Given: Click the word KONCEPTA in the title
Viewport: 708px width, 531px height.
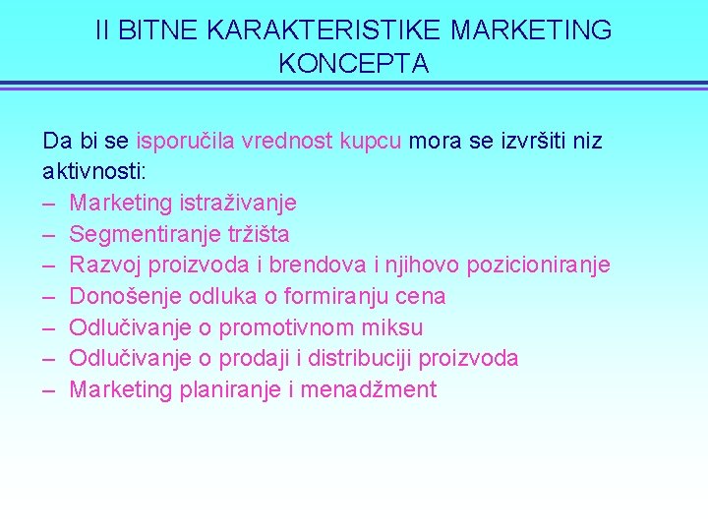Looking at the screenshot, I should tap(354, 64).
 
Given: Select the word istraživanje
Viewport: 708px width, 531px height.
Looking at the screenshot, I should tap(238, 204).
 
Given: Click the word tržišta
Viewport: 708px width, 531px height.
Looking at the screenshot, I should tap(259, 235).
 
